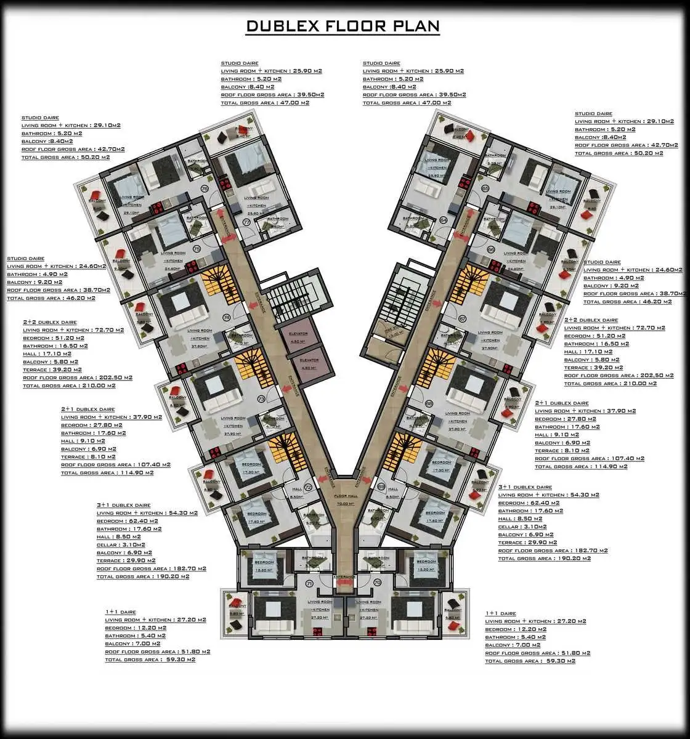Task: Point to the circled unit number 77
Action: [246, 222]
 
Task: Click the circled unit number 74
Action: [226, 318]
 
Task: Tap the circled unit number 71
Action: [309, 583]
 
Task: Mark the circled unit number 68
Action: [429, 403]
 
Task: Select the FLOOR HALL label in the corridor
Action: [345, 499]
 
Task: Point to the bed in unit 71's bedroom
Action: [266, 563]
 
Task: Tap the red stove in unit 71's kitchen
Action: [319, 631]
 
